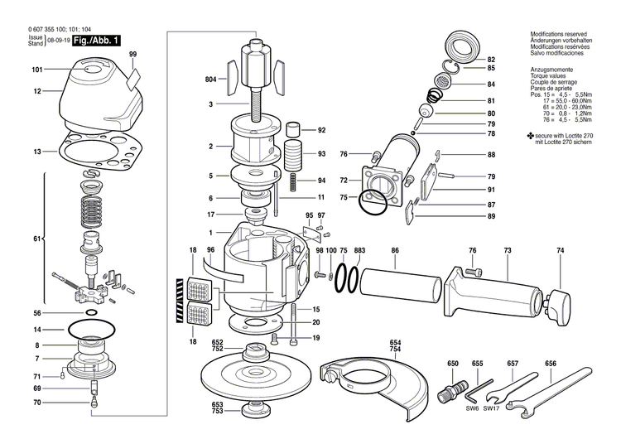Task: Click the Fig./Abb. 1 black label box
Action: coord(97,41)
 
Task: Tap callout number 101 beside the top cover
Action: coord(37,70)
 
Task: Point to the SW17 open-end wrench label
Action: coord(492,408)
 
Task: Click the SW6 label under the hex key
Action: coord(472,408)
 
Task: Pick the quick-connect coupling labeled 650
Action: coord(454,389)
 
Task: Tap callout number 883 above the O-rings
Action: coord(359,250)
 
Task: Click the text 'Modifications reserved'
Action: coord(560,34)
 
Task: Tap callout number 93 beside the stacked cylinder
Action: coord(321,154)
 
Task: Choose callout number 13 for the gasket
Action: coord(37,152)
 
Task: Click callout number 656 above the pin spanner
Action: coord(551,364)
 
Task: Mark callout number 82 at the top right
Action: coord(491,60)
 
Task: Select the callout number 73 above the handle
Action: coord(507,250)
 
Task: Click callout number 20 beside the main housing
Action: coord(315,322)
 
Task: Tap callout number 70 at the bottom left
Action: coord(37,403)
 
